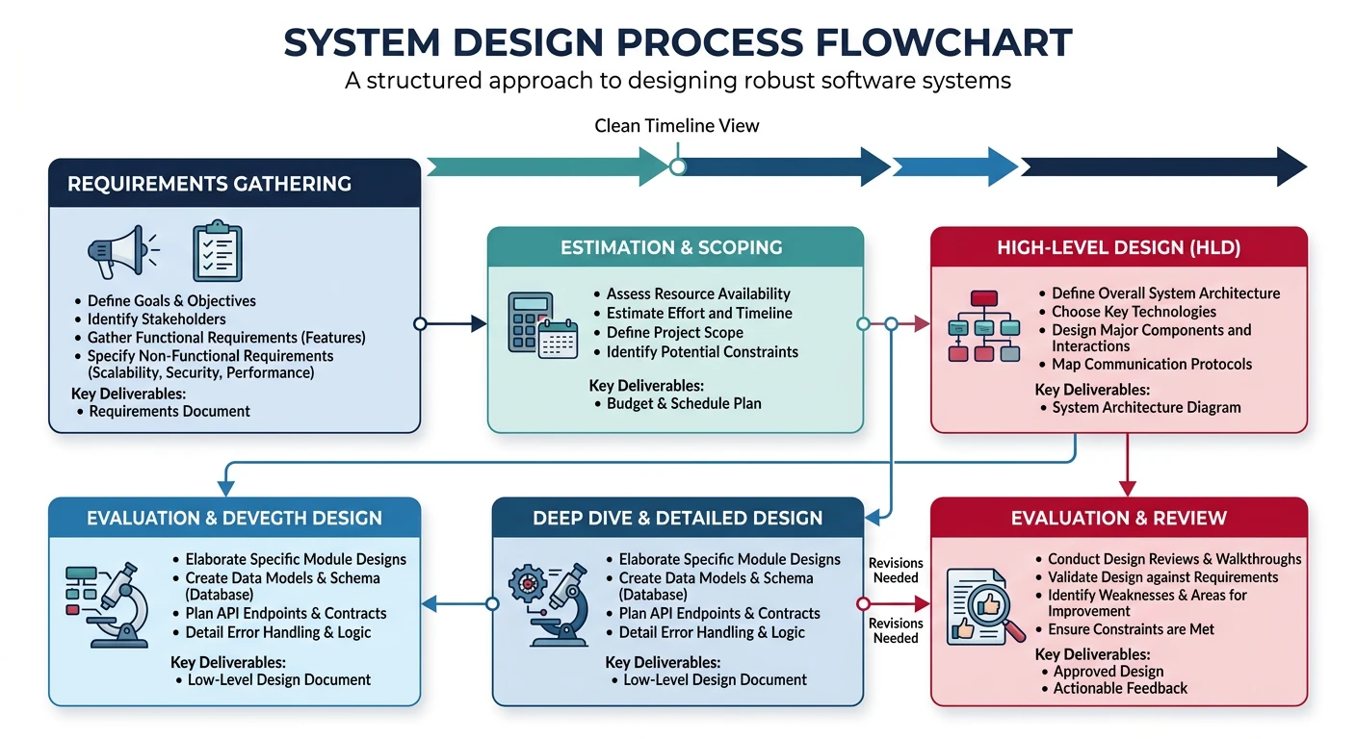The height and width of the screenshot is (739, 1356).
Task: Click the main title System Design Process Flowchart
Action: click(x=677, y=42)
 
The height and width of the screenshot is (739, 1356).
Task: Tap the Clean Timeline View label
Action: click(x=677, y=125)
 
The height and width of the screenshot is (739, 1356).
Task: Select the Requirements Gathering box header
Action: click(x=209, y=184)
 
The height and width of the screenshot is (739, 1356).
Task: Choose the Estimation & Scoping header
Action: click(x=671, y=247)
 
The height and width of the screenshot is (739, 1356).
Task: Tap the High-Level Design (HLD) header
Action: click(x=1117, y=247)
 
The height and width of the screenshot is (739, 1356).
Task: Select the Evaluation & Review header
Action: click(x=1118, y=518)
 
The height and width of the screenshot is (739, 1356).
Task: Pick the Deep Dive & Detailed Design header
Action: click(x=677, y=518)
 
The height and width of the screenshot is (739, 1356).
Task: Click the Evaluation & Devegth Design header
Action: click(x=234, y=518)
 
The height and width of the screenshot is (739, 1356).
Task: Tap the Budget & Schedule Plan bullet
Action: click(x=683, y=403)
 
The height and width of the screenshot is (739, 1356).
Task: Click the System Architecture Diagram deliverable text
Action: click(x=1145, y=407)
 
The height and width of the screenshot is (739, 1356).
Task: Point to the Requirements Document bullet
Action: click(x=169, y=411)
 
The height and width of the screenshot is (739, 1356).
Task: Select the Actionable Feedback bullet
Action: click(x=1120, y=688)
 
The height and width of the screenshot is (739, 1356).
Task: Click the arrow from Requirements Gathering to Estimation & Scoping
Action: click(x=454, y=324)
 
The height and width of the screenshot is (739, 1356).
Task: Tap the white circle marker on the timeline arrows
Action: click(x=678, y=166)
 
